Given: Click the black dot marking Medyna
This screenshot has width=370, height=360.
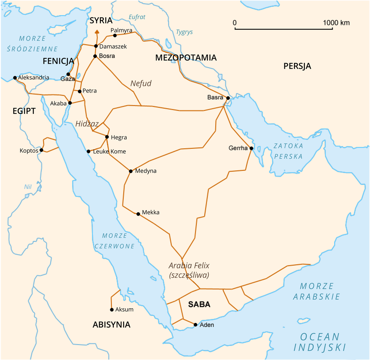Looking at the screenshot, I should click(x=131, y=171).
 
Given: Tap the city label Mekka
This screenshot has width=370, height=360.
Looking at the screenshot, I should click(x=150, y=212).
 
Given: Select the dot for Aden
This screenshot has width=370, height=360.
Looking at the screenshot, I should click(x=196, y=324).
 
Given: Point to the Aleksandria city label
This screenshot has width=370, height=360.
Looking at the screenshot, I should click(x=34, y=78).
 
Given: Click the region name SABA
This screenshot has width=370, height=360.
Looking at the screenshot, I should click(x=199, y=304).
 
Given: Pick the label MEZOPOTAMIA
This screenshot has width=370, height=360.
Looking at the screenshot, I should click(x=186, y=58).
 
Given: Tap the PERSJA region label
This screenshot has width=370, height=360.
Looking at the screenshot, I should click(x=297, y=66).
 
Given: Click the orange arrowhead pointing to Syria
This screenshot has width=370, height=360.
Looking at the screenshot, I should click(x=96, y=32).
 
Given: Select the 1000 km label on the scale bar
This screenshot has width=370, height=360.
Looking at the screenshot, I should click(x=336, y=23).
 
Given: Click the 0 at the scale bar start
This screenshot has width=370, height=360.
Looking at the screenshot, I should click(x=235, y=23).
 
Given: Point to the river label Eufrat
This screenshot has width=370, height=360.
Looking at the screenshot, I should click(x=137, y=17).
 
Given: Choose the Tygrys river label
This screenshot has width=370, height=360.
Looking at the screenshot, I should click(x=184, y=32).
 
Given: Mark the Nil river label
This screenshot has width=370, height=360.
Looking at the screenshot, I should click(x=28, y=187).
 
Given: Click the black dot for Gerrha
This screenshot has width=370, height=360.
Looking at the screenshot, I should click(x=251, y=148).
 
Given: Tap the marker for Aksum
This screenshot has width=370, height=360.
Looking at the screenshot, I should click(x=112, y=309).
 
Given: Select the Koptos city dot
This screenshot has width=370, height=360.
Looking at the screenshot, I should click(x=41, y=150).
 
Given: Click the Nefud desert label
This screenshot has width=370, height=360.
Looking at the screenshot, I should click(x=141, y=83).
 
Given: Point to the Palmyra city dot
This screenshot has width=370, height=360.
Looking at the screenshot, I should click(x=115, y=36).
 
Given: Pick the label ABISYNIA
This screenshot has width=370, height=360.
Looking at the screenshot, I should click(x=112, y=324).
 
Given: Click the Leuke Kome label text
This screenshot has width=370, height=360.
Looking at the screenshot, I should click(x=109, y=151).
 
